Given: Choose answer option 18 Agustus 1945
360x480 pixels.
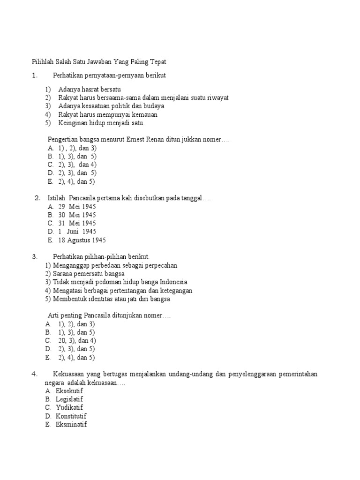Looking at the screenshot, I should coord(82,240).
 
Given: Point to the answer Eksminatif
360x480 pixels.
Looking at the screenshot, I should coord(72,424).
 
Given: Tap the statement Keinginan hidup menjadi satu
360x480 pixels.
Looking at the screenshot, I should coord(101,123).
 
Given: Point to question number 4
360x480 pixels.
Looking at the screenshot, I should coord(34,374).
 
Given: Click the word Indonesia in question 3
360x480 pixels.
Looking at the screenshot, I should coord(173,282).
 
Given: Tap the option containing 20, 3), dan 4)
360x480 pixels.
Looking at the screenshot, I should coord(77,341).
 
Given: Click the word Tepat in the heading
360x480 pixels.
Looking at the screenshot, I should coord(157,62).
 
